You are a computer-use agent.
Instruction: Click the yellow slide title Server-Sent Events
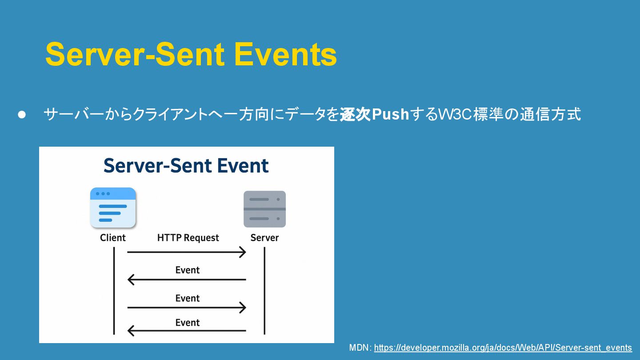tap(191, 54)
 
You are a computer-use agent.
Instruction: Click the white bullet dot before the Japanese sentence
tap(22, 115)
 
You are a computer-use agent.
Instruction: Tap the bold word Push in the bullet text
tap(390, 114)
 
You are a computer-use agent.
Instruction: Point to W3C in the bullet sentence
tap(455, 114)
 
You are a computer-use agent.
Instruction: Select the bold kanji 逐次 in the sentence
tap(356, 114)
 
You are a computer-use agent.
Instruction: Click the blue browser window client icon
tap(113, 208)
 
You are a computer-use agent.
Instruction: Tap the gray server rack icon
tap(264, 209)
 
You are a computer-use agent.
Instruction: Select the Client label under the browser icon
tap(113, 238)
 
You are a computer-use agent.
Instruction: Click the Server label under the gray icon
tap(264, 238)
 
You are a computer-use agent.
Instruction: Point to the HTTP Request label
tap(188, 238)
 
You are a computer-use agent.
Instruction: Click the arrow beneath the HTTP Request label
tap(187, 252)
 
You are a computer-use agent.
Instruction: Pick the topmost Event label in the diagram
tap(188, 270)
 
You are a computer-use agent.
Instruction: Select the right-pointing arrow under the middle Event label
tap(187, 308)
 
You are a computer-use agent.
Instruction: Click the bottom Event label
tap(188, 323)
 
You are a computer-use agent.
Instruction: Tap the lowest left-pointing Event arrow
tap(187, 331)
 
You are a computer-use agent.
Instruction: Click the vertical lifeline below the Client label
tap(114, 291)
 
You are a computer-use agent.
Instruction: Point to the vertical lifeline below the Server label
tap(264, 291)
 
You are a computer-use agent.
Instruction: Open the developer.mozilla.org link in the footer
tap(503, 348)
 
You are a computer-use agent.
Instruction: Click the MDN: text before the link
tap(360, 348)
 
